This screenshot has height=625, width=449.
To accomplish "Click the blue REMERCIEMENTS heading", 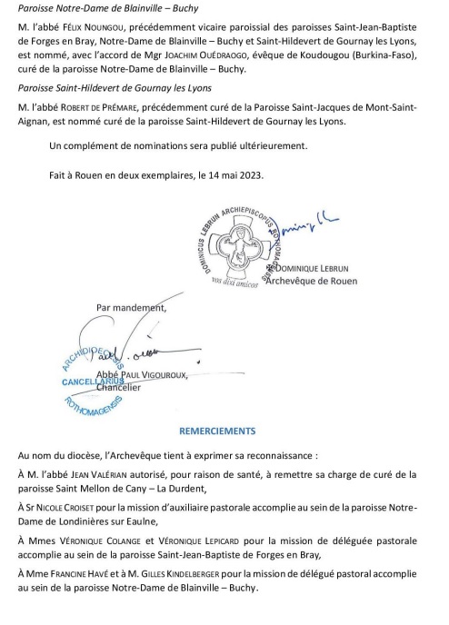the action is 217,431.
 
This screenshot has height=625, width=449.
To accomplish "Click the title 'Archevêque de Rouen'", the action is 312,281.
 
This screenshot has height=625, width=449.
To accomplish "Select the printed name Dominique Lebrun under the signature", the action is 312,268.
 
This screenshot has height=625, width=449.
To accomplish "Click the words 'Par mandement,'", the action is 131,308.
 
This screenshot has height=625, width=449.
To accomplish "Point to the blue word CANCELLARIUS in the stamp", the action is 93,382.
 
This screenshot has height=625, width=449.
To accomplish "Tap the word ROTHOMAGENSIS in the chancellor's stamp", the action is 94,407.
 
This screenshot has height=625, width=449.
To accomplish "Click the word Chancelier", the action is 118,387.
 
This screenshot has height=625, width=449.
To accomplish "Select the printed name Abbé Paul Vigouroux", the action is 142,375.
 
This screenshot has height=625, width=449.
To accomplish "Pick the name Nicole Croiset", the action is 65,508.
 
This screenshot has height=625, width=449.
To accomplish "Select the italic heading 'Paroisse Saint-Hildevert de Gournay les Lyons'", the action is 115,88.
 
